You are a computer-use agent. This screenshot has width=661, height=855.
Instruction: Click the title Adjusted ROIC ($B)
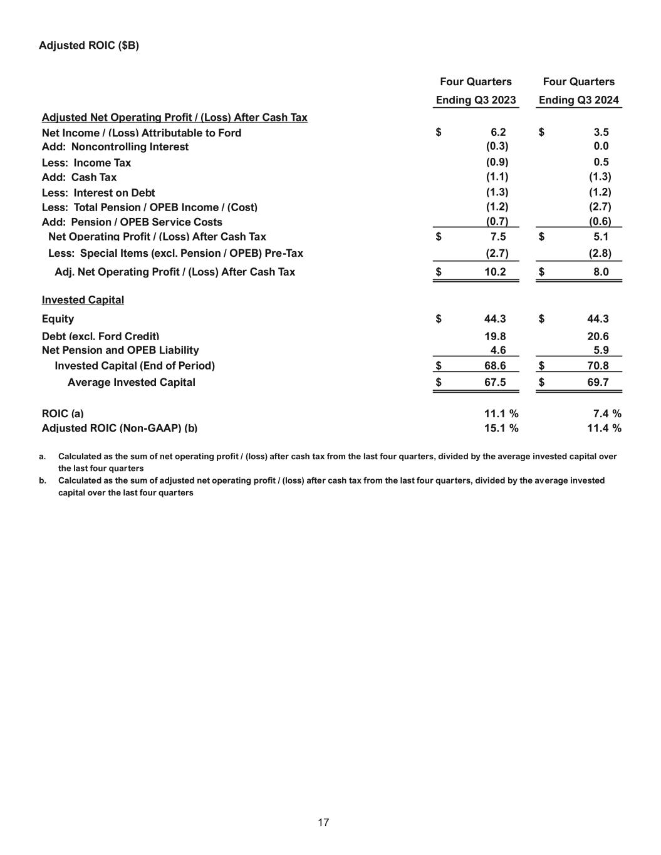tap(89, 46)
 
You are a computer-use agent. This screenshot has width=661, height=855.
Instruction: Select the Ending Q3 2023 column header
tap(476, 100)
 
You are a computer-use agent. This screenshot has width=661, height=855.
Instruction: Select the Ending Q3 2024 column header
tap(578, 100)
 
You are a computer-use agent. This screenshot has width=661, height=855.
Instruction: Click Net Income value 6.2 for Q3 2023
tap(498, 132)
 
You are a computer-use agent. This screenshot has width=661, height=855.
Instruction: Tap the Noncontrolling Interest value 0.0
tap(601, 147)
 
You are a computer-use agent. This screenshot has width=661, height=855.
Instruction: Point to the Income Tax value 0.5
tap(601, 162)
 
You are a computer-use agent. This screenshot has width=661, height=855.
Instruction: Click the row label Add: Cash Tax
tap(79, 177)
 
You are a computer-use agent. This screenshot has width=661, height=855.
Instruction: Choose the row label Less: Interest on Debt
tap(98, 193)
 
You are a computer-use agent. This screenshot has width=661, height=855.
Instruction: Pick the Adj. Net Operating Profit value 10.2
tap(495, 272)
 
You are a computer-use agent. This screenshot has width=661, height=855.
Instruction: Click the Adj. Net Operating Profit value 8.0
tap(601, 272)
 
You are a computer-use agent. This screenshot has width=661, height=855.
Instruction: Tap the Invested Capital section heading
tap(83, 300)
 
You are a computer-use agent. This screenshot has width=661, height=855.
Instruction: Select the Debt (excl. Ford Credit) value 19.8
tap(495, 336)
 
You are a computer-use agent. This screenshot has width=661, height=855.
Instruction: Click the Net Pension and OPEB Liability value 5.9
tap(601, 351)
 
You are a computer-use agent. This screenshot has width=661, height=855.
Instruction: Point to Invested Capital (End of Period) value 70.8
tap(598, 366)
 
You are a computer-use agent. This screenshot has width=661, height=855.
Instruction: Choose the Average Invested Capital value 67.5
tap(495, 382)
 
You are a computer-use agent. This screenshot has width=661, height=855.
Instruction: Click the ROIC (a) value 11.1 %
tap(501, 414)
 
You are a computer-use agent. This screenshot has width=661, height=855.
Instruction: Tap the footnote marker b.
tap(42, 480)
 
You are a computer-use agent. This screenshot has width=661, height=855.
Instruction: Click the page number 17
tap(323, 822)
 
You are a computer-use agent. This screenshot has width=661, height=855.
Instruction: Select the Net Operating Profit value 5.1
tap(601, 237)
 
